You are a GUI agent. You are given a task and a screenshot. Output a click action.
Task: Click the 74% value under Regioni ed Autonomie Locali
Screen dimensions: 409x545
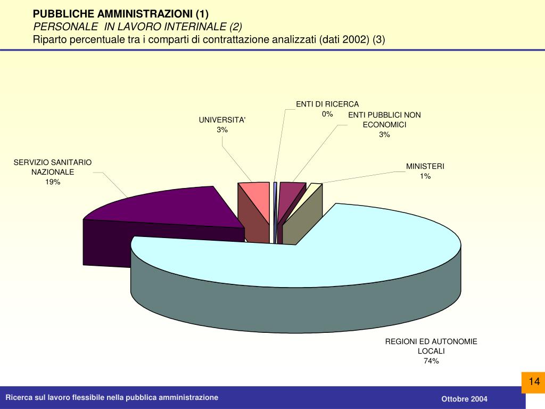[x=431, y=361]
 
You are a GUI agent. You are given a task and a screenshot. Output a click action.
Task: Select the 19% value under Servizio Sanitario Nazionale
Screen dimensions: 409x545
[x=53, y=182]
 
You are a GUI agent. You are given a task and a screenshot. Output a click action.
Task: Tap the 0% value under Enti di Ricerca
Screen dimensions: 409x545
[x=327, y=114]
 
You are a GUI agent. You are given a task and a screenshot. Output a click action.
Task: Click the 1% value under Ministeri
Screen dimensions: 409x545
[x=425, y=176]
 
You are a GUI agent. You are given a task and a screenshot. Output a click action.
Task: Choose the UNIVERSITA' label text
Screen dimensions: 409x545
[x=222, y=120]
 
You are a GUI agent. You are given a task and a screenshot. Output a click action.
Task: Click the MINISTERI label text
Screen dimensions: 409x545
[x=425, y=166]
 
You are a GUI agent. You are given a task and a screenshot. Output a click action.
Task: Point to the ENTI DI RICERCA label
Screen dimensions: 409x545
[x=327, y=104]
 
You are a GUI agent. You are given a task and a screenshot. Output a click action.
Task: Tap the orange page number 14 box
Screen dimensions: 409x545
[x=534, y=381]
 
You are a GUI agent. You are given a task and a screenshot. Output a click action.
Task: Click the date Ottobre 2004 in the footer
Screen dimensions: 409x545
[x=464, y=399]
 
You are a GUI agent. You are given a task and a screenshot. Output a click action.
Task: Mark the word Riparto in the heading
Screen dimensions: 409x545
[x=49, y=40]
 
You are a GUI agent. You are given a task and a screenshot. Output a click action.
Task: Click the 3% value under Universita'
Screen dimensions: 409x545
[x=222, y=130]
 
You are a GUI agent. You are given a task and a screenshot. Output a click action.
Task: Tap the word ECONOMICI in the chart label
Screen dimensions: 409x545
[x=384, y=125]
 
